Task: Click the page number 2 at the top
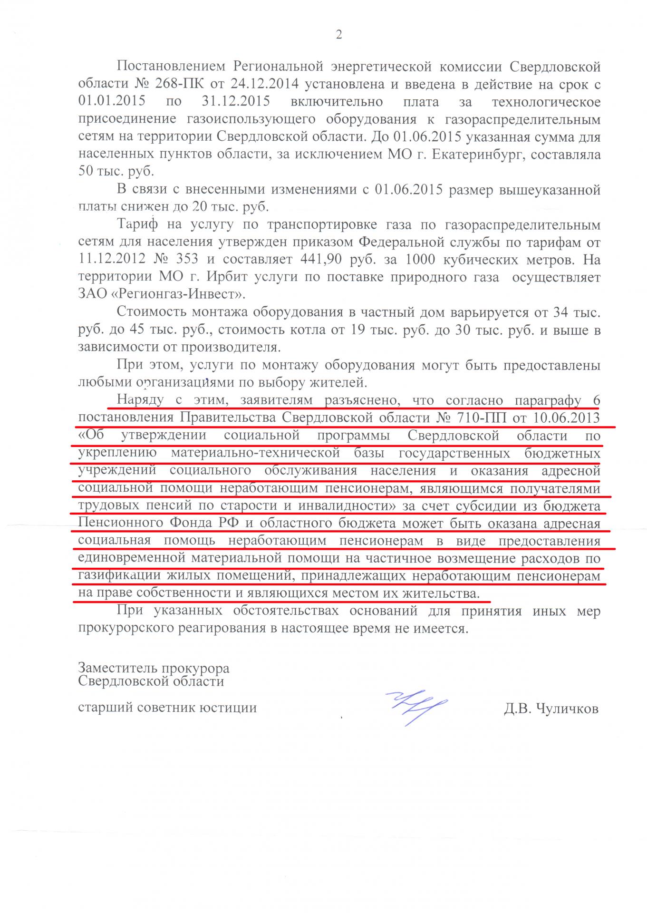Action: click(339, 35)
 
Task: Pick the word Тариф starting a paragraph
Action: click(135, 225)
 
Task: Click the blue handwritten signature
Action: click(416, 706)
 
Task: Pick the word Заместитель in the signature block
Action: click(117, 668)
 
